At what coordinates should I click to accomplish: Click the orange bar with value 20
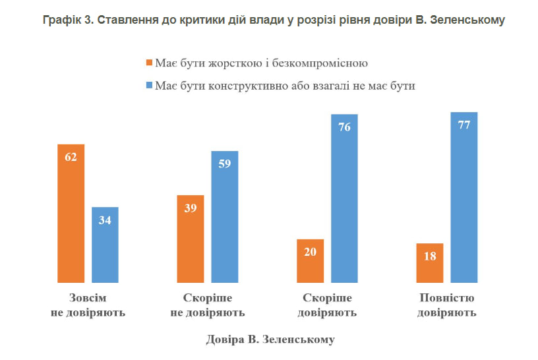coord(310,261)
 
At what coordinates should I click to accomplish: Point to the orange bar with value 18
coord(430,263)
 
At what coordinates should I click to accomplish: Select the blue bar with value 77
coord(463,198)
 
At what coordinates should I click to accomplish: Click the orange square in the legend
coord(149,64)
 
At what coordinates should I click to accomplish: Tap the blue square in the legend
coord(149,86)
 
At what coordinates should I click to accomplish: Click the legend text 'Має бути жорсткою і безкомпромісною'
coord(260,64)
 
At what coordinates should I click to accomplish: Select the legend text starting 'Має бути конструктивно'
coord(285,86)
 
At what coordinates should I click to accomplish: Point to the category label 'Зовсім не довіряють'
coord(88,305)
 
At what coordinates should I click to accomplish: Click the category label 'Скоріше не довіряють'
coord(208,305)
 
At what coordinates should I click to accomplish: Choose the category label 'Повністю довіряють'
coord(446,305)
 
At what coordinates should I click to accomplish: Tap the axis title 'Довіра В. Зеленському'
coord(270,340)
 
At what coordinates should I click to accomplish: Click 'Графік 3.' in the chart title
coord(67,20)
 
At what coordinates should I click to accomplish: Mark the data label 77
coord(463,125)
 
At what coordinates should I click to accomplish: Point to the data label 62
coord(71,157)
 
